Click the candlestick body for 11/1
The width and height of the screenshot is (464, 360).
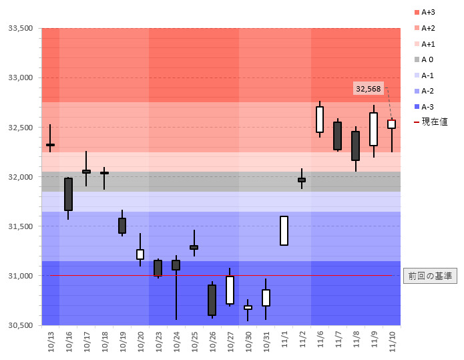284,230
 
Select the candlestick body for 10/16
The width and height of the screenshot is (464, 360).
68,194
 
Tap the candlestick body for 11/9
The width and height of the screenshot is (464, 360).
373,129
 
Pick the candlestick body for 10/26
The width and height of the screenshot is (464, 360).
212,300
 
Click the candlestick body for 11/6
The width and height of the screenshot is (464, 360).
320,120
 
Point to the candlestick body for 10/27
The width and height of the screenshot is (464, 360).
230,290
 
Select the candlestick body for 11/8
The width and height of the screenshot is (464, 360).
356,146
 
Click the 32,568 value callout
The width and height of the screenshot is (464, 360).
369,89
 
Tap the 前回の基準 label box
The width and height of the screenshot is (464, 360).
431,276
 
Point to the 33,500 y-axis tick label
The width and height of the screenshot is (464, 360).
20,28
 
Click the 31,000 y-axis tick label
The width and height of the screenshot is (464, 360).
20,276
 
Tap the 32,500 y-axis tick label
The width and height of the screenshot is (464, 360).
20,127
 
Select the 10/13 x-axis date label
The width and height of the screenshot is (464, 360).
51,341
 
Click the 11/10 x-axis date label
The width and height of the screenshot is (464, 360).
392,341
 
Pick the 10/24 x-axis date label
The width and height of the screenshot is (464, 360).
176,341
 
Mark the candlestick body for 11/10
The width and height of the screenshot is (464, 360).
391,124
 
